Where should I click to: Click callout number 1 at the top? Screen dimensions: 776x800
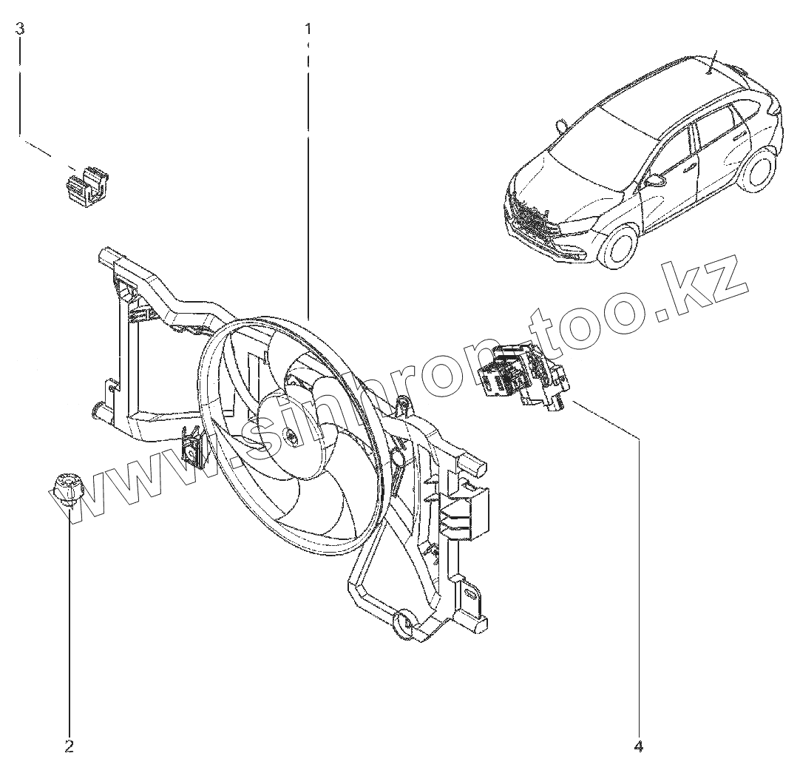point(308,29)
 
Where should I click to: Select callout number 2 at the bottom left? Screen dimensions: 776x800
point(69,746)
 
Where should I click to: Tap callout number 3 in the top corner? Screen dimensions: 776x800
point(20,29)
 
